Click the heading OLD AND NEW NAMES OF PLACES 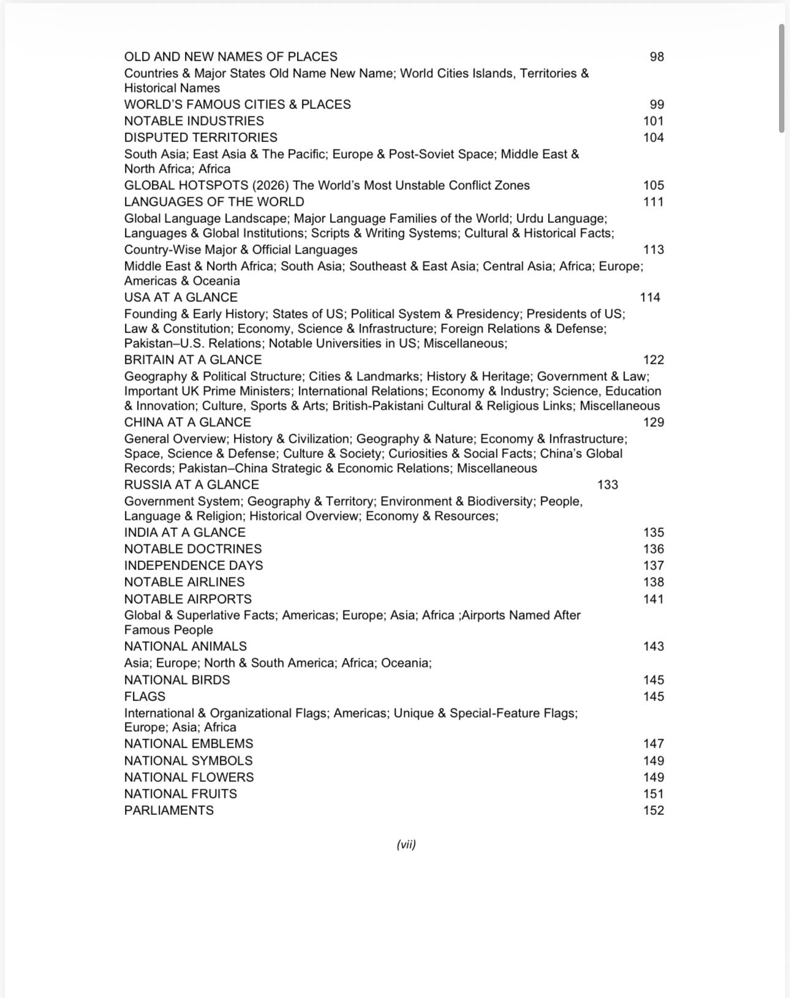click(230, 56)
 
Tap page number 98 click(656, 56)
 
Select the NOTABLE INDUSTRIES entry click(194, 121)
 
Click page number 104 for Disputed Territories click(653, 137)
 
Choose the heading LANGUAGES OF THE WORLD click(214, 201)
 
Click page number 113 click(653, 249)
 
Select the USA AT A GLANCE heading click(181, 297)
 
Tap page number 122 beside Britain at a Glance click(653, 359)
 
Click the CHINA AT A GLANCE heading click(187, 422)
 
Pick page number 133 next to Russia click(608, 484)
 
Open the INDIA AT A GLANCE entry click(184, 532)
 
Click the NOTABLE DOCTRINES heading click(193, 549)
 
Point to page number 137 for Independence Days click(653, 565)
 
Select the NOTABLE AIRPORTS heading click(187, 599)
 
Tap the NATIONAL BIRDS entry click(177, 680)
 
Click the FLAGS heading click(145, 696)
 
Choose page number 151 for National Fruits click(653, 794)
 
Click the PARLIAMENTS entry click(169, 810)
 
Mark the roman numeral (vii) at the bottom click(406, 844)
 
